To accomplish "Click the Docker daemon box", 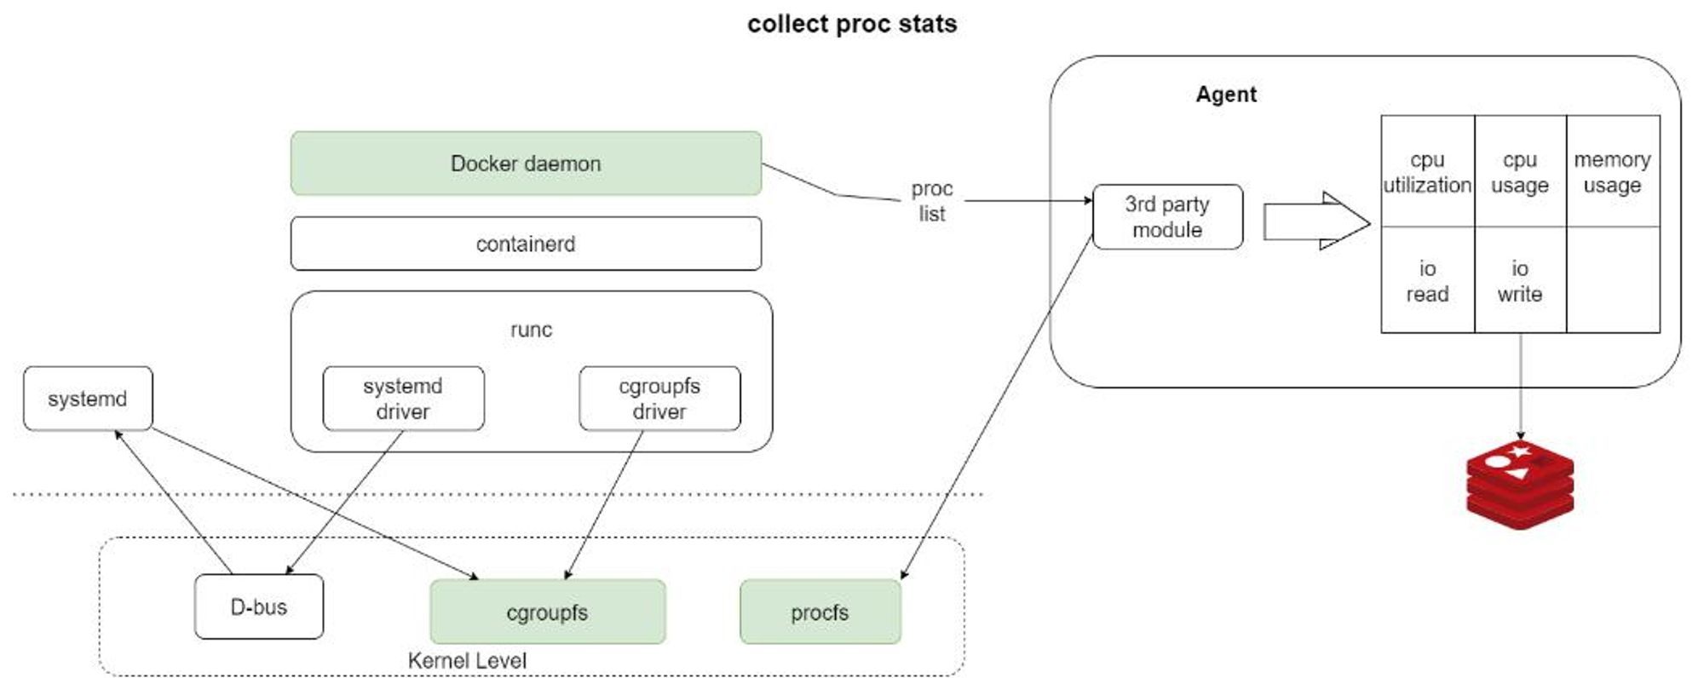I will point(526,164).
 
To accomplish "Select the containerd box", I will point(526,244).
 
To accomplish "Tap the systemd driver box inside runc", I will point(403,399).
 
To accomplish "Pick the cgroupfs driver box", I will point(659,399).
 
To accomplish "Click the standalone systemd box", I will point(88,399).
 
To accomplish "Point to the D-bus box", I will point(259,607).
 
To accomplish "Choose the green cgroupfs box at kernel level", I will point(547,612).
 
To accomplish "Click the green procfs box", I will point(820,612).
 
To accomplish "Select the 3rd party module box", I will point(1167,217).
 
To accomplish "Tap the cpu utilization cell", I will point(1427,172).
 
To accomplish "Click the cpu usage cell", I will point(1520,172).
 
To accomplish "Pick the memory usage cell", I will point(1613,172).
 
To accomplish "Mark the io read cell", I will point(1427,281).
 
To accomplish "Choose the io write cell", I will point(1520,281).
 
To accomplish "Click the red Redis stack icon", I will point(1520,486).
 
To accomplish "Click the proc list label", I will point(932,201).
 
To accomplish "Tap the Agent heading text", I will point(1226,95).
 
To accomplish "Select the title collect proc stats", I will point(852,24).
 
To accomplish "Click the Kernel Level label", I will point(467,661).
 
